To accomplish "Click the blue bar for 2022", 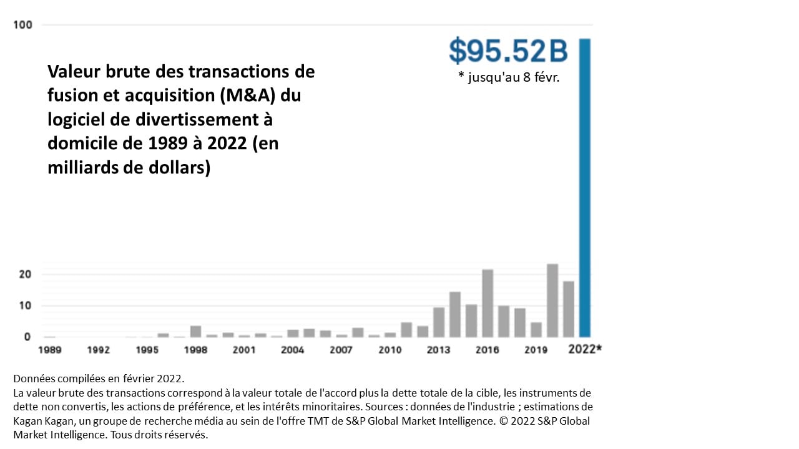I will (585, 187).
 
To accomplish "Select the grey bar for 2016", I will (488, 303).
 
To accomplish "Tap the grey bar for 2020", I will (552, 300).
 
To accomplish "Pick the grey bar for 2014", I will (455, 314).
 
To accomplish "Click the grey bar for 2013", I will (439, 322).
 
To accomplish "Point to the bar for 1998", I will (195, 331).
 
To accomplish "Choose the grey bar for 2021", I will (569, 309).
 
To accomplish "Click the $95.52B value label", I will (508, 51).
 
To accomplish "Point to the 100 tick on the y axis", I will (27, 25).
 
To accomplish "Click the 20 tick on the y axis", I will (25, 274).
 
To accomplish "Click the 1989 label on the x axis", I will (49, 350).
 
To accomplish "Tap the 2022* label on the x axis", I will (585, 349).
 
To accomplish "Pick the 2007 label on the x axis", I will (341, 350).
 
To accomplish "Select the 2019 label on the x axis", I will (536, 350).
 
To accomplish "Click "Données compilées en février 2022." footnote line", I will (99, 379).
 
